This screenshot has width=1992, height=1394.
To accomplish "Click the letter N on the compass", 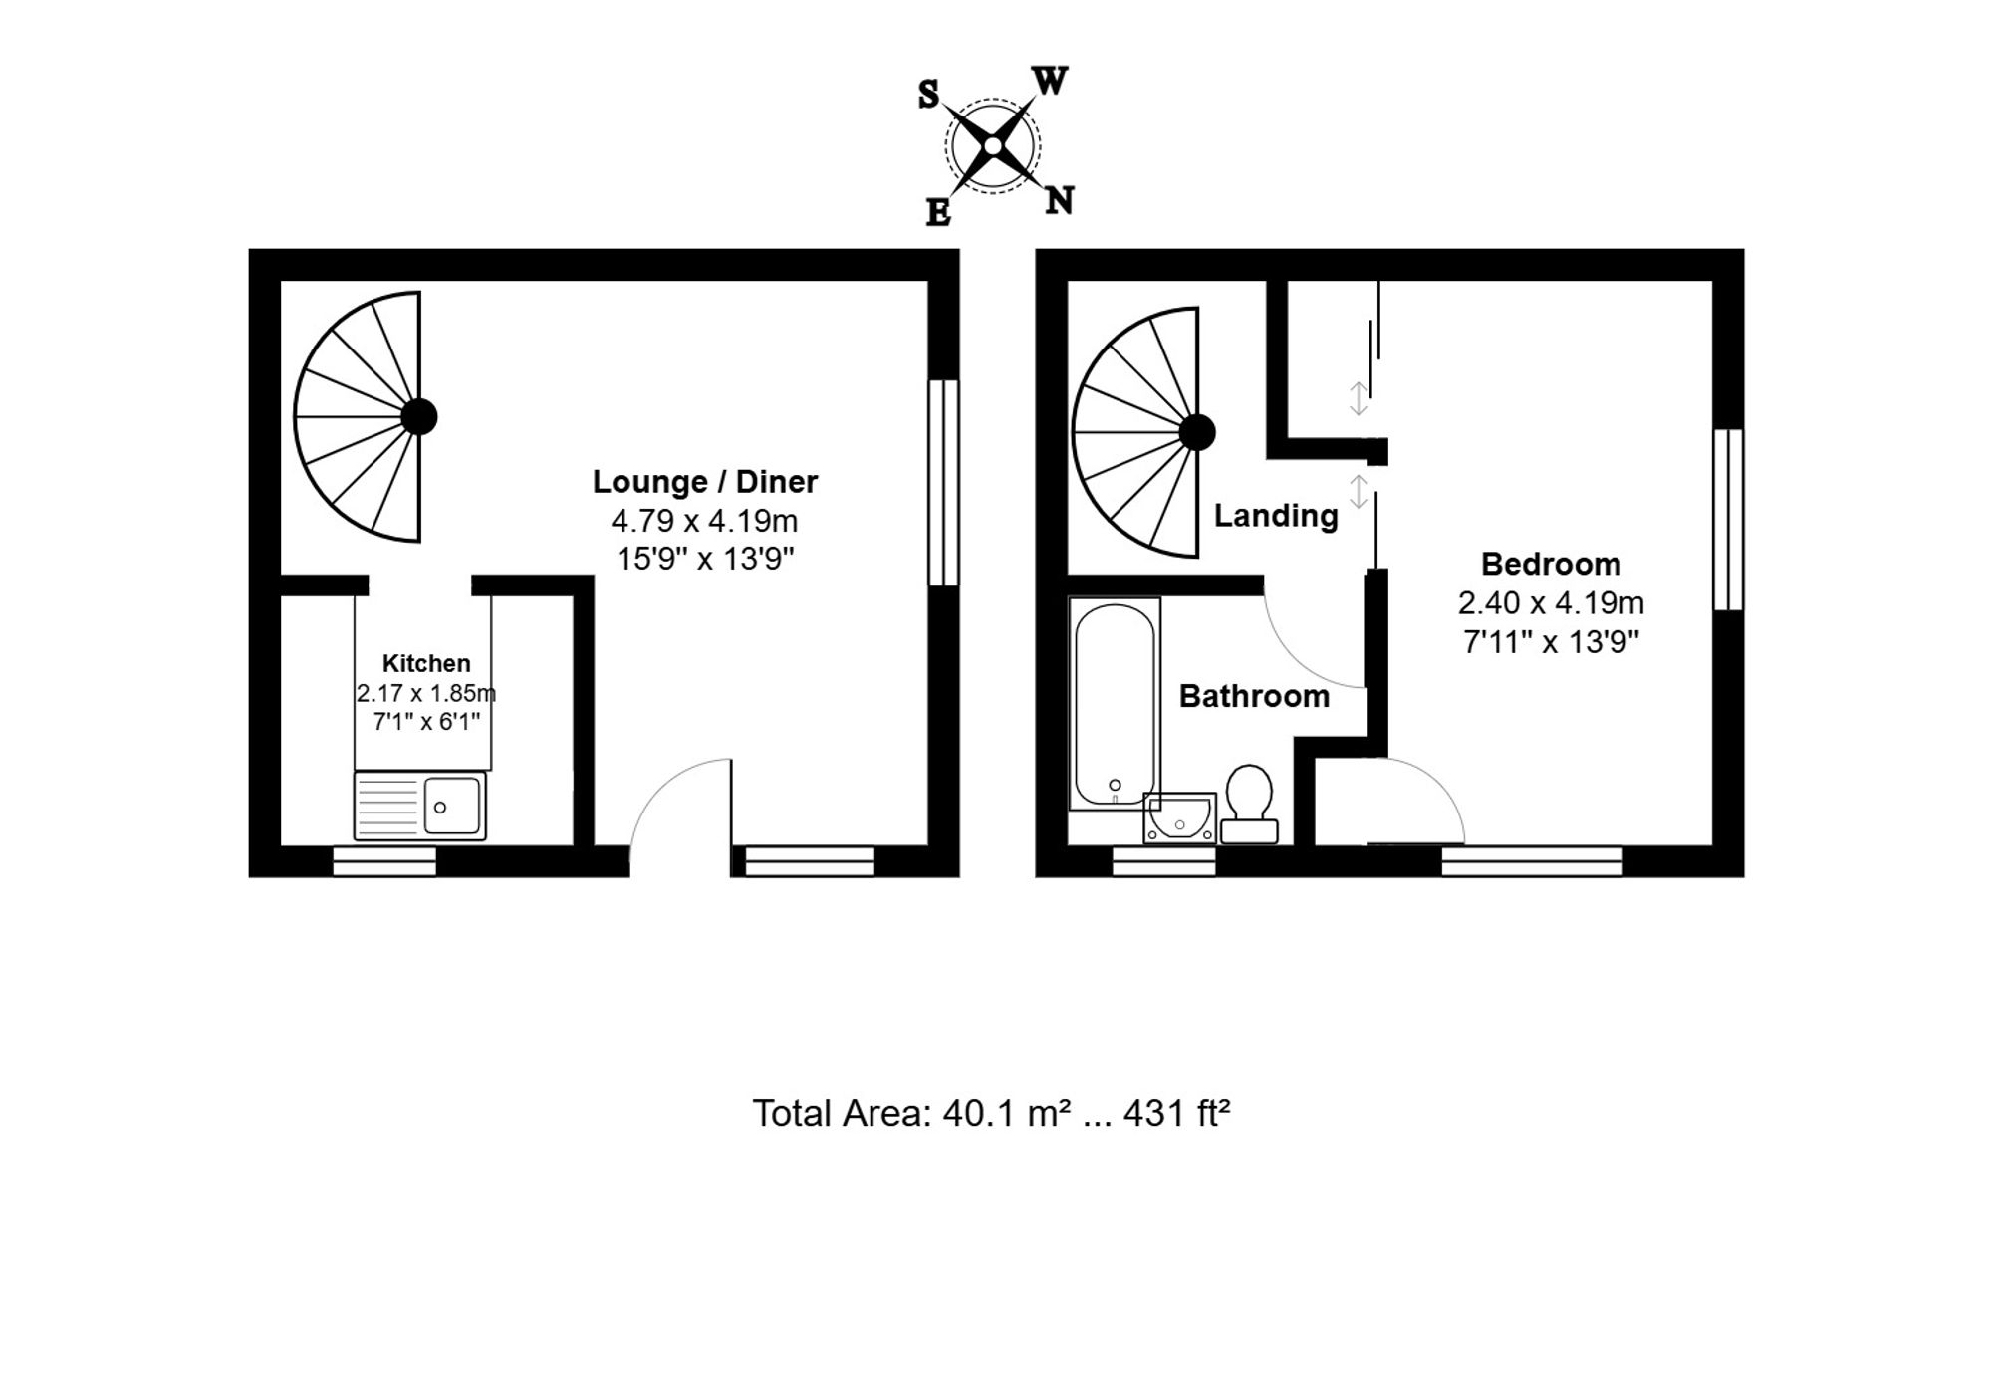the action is [1060, 201].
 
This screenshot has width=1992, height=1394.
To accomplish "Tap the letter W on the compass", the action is [1050, 81].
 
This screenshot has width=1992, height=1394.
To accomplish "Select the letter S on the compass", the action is [928, 95].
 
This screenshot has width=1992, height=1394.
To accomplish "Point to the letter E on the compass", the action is [938, 212].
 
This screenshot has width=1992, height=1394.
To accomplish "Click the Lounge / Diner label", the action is [705, 482].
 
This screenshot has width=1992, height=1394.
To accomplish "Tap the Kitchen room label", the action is [426, 663].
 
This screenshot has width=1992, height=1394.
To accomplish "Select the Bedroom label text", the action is [1551, 565].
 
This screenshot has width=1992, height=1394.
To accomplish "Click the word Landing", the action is [1276, 516].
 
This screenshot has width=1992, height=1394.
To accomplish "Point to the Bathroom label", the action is [1254, 696].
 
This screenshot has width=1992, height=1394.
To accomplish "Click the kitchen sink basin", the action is [452, 806].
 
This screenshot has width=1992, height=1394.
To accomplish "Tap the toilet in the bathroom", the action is [1249, 804].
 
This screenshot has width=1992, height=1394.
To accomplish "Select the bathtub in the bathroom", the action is [1115, 703].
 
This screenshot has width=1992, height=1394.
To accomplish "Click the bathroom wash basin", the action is [1180, 817].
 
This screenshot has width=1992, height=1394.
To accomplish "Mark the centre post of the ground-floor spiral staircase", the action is [419, 416].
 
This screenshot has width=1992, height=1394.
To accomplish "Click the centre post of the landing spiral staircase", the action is [1197, 432].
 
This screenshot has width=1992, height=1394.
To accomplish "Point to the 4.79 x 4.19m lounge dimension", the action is [704, 521].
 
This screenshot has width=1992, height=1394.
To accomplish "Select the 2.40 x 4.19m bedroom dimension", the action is [1551, 603].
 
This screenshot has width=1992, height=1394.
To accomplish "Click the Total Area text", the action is [991, 1113].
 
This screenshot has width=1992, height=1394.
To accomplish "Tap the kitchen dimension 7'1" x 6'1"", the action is [426, 721].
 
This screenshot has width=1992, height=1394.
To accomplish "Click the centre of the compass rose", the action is [992, 146].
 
